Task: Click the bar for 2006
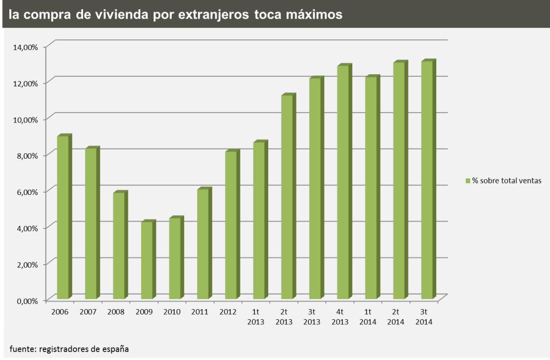click(x=63, y=217)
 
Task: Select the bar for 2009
click(x=147, y=260)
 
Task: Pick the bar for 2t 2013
click(x=287, y=197)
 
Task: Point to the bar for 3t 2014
click(x=427, y=180)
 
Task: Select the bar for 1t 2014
click(x=371, y=188)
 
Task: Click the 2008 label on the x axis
click(x=116, y=312)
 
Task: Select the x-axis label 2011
click(x=200, y=312)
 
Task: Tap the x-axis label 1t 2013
click(x=256, y=316)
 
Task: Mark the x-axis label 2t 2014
click(x=396, y=316)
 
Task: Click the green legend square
click(x=468, y=181)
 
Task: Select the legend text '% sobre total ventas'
click(x=507, y=181)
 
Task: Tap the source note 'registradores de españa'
click(x=84, y=349)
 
